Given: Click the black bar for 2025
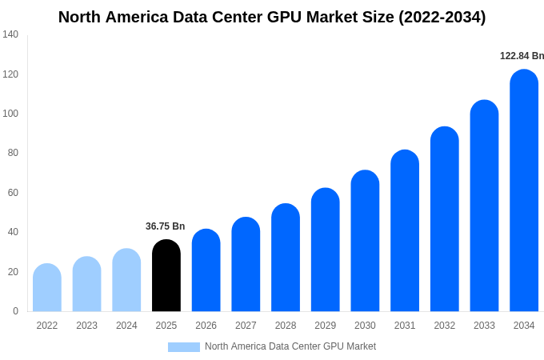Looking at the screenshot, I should pyautogui.click(x=166, y=276).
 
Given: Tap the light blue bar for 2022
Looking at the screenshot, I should pyautogui.click(x=47, y=288).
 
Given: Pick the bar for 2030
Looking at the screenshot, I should pyautogui.click(x=365, y=241).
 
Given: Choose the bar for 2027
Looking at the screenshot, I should pyautogui.click(x=246, y=265).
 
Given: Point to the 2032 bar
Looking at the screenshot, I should pyautogui.click(x=445, y=219).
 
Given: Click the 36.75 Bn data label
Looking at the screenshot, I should pyautogui.click(x=165, y=226).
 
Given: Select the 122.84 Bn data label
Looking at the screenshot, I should pyautogui.click(x=522, y=56).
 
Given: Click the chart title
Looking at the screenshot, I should pyautogui.click(x=272, y=17).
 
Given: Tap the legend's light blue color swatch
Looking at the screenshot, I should pyautogui.click(x=183, y=346).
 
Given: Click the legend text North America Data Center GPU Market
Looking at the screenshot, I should pyautogui.click(x=290, y=346).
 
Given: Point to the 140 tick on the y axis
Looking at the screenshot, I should pyautogui.click(x=10, y=34).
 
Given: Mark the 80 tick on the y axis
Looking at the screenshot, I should pyautogui.click(x=13, y=153).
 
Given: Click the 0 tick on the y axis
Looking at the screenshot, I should pyautogui.click(x=15, y=311).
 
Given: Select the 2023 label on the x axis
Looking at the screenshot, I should pyautogui.click(x=86, y=326).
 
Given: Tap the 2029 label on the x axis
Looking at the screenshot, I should pyautogui.click(x=325, y=326).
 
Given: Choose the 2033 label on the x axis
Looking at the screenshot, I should pyautogui.click(x=484, y=326).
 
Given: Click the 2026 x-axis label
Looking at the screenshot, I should pyautogui.click(x=206, y=326).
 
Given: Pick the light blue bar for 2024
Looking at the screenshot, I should pyautogui.click(x=126, y=280).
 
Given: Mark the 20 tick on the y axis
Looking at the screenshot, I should pyautogui.click(x=13, y=272).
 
